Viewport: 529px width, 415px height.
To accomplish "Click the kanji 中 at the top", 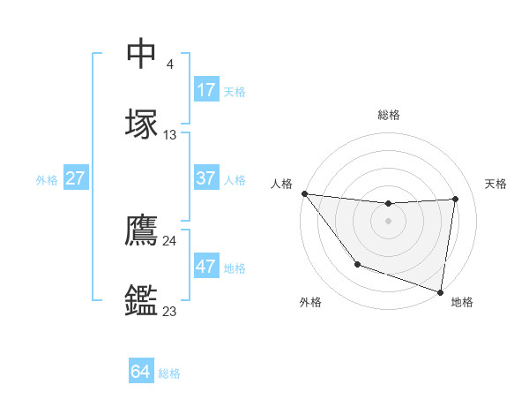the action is coord(141,54).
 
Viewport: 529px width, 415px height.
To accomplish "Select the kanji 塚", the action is coord(141,124).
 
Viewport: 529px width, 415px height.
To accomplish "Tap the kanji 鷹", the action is coord(141,230).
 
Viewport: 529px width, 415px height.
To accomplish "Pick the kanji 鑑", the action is coord(141,300).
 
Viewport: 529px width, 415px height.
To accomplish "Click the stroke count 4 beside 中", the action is coord(169,64).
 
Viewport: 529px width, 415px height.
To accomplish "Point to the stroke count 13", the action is coord(170,135).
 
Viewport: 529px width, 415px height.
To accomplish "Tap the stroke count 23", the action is coord(170,311).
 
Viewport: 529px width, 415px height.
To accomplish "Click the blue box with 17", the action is coord(206,90).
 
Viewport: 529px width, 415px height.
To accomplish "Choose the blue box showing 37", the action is coord(206,178).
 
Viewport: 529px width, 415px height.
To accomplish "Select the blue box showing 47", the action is coord(206,267).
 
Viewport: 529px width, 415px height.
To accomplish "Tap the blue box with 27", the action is coord(75,178).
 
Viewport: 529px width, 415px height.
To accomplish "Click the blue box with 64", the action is coord(140,372).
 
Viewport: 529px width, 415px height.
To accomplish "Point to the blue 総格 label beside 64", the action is coord(169,373).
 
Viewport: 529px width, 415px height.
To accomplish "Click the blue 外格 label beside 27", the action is coord(47,180).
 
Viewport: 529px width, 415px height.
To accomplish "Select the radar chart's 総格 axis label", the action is coord(389,115).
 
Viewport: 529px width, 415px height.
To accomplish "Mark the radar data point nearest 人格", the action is coord(304,193).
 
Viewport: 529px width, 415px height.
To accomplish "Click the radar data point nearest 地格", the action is coord(440,291).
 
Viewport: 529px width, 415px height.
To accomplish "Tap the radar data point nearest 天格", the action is coord(455,199).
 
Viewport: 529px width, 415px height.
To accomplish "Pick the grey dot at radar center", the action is coord(389,221).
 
